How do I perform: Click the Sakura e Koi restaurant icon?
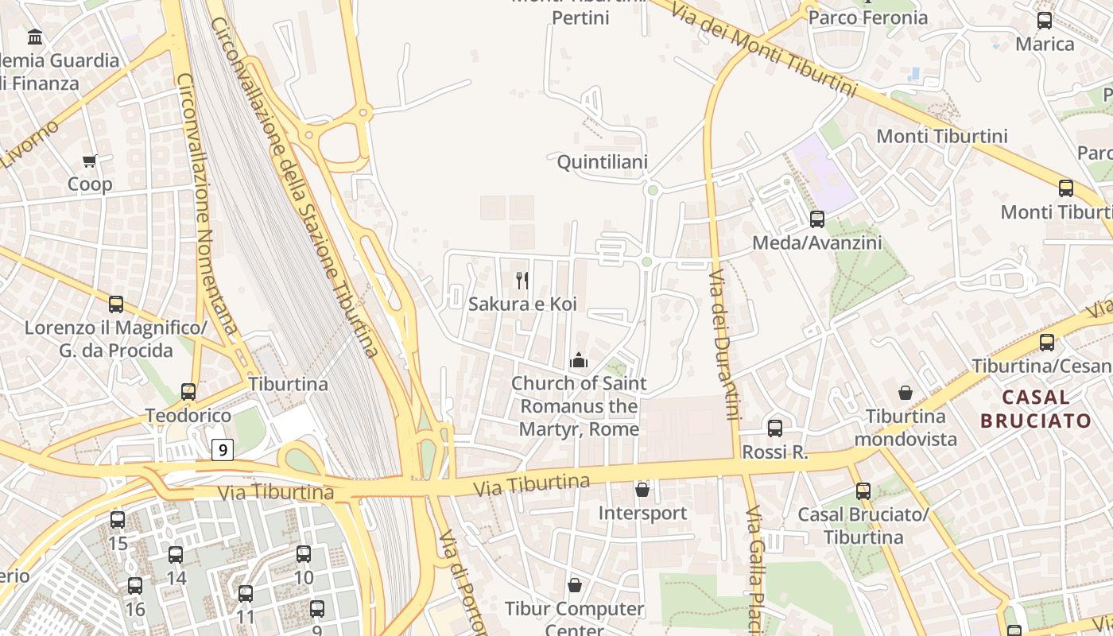coord(522,280)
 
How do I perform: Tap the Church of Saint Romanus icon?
coord(578,360)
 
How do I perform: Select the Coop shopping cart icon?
coord(90,161)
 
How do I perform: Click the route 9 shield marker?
coord(223,450)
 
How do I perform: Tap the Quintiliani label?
coord(602,162)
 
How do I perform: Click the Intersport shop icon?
coord(642,490)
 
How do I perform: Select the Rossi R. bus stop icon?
coord(775,429)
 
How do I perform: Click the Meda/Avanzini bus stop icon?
coord(817,219)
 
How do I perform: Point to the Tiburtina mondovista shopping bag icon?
coord(905,393)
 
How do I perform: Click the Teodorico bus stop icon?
coord(188,391)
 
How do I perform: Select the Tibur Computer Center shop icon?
coord(575,586)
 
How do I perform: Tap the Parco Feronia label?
coord(867,17)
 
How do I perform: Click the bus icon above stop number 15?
coord(118,520)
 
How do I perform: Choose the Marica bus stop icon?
coord(1045,21)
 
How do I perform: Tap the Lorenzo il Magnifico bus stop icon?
coord(116,304)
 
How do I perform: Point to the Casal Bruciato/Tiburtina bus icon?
coord(863,491)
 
